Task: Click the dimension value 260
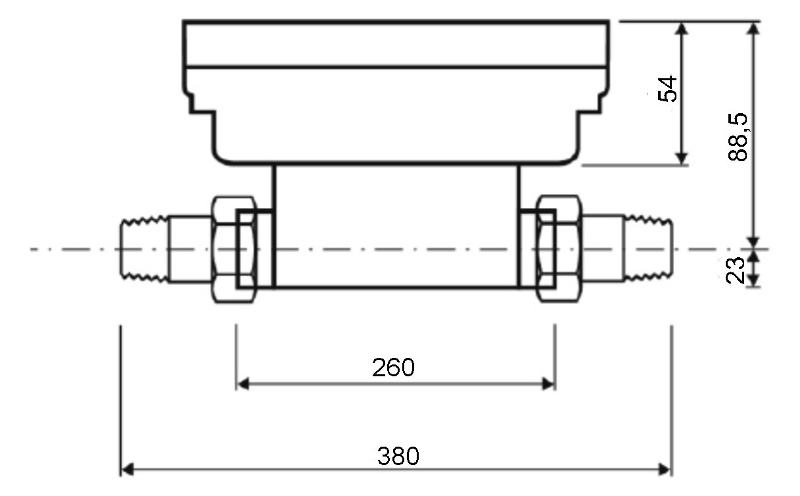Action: coord(393,367)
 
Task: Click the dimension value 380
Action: coord(398,455)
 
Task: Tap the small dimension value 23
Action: coord(736,269)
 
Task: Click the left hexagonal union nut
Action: coord(233,249)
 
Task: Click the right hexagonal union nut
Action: coord(558,249)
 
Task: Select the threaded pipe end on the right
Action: coord(647,250)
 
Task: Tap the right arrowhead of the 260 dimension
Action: coord(549,384)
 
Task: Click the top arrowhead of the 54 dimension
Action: coord(682,28)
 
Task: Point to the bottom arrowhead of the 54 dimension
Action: coord(682,158)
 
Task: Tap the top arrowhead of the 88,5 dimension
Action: coord(755,28)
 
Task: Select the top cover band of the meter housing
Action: coord(396,44)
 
